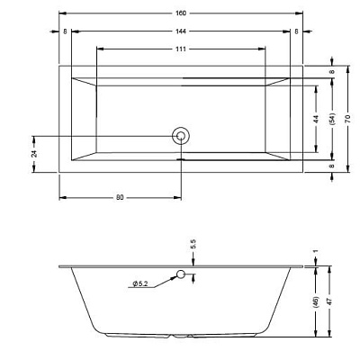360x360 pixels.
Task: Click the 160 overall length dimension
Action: click(181, 13)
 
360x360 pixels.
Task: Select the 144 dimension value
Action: click(181, 31)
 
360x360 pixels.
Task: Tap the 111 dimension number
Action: click(181, 49)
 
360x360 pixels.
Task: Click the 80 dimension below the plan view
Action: click(120, 197)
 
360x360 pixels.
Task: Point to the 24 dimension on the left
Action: click(35, 154)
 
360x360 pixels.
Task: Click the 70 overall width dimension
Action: click(347, 119)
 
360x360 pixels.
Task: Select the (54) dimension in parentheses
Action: click(332, 119)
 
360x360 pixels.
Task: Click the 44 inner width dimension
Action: click(316, 119)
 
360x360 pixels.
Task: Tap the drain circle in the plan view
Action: click(181, 136)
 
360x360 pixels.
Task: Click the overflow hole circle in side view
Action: click(181, 274)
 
